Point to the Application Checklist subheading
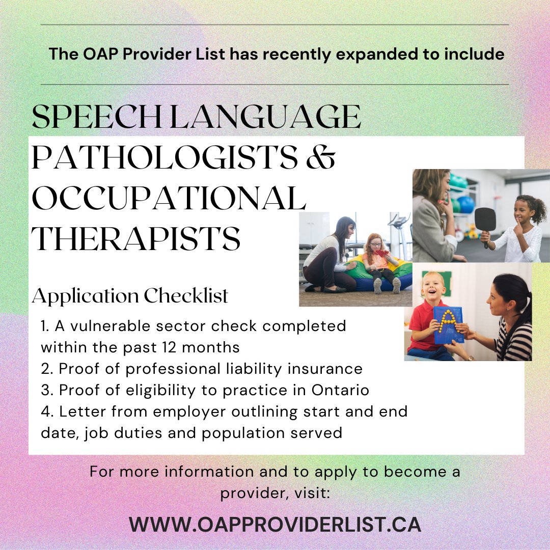(x=130, y=295)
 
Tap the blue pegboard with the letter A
(x=448, y=324)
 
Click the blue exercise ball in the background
(x=465, y=205)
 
